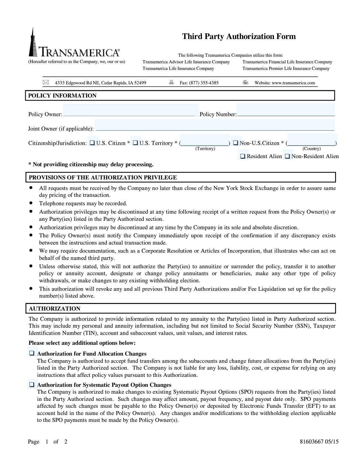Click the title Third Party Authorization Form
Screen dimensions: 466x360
click(x=239, y=37)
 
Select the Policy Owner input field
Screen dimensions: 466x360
click(x=131, y=110)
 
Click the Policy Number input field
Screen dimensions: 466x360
click(x=285, y=110)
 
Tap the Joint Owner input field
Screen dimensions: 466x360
click(x=214, y=125)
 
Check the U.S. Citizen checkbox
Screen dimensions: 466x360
click(x=92, y=143)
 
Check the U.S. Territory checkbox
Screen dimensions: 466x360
click(x=135, y=143)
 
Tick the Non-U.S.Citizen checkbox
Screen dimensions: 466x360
click(x=236, y=143)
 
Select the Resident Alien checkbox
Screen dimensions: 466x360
click(x=243, y=156)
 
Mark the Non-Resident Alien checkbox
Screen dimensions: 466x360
click(x=287, y=156)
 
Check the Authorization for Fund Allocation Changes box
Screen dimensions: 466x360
click(x=31, y=353)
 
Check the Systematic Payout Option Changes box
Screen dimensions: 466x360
click(x=31, y=385)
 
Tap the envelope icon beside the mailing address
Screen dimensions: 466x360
click(x=46, y=82)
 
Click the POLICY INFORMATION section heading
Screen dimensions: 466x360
click(x=62, y=96)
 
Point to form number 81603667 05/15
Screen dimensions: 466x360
click(x=319, y=441)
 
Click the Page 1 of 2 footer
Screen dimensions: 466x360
click(x=48, y=442)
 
